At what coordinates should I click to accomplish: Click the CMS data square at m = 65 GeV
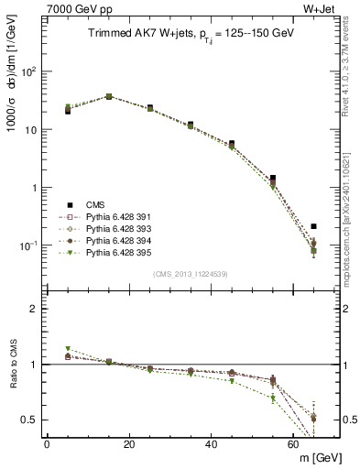click(313, 226)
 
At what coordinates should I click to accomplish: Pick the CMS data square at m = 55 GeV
click(273, 179)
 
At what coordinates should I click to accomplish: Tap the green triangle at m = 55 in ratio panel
click(273, 398)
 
